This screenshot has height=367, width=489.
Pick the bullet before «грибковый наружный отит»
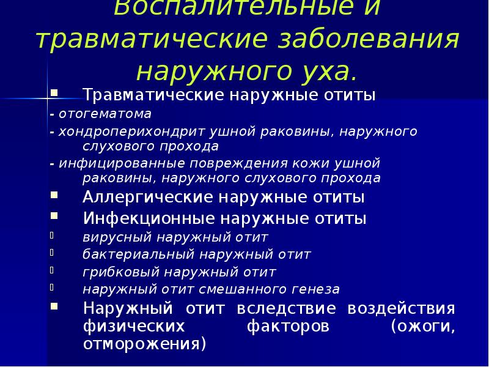click(x=53, y=269)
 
